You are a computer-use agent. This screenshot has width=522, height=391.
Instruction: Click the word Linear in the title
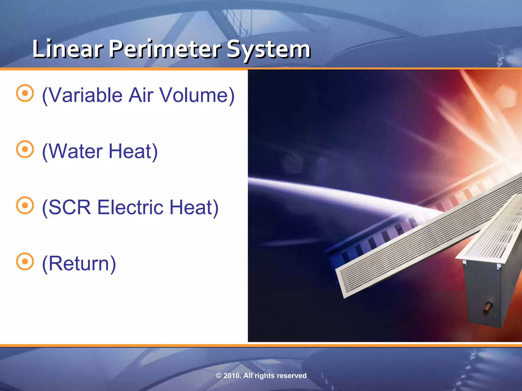click(x=68, y=49)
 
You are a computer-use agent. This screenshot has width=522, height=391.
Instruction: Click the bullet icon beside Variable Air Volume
click(x=25, y=93)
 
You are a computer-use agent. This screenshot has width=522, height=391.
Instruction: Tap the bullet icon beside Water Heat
click(x=25, y=149)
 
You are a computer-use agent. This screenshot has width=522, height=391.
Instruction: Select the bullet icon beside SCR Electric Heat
click(x=25, y=205)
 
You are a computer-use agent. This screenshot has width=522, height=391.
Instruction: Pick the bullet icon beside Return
click(x=25, y=261)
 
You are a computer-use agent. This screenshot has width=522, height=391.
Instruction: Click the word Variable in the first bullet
click(x=85, y=95)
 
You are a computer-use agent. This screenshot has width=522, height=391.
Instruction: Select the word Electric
click(x=130, y=207)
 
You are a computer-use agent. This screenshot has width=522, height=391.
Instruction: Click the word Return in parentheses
click(x=79, y=263)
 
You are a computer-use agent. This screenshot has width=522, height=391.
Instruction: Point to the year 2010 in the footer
click(x=232, y=376)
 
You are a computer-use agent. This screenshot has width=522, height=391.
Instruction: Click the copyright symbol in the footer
click(x=219, y=376)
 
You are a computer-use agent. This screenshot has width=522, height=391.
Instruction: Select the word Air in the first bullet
click(x=141, y=95)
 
